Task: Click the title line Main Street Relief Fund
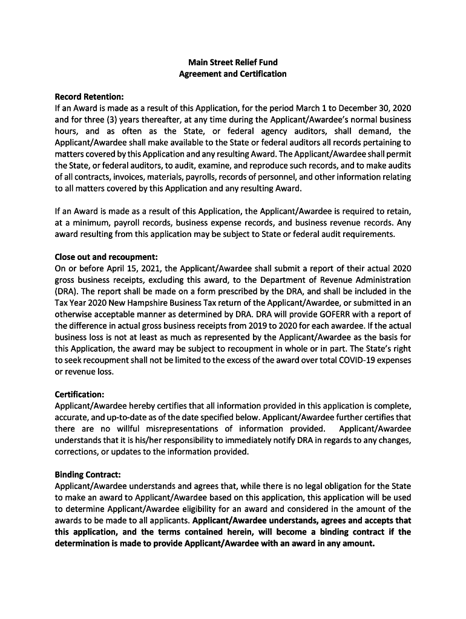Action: [x=232, y=62]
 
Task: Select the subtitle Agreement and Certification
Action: [x=232, y=74]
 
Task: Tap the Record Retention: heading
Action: [x=89, y=97]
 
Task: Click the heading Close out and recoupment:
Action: [x=106, y=256]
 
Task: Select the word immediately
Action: [x=251, y=440]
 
